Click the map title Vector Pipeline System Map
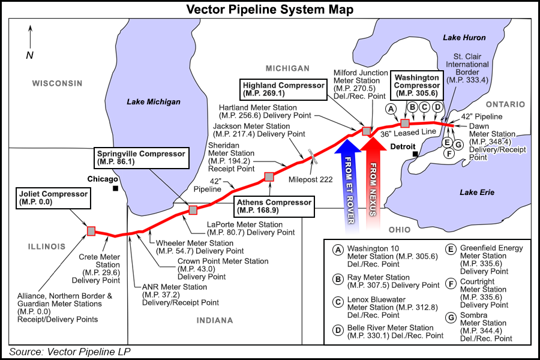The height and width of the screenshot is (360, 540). click(x=269, y=10)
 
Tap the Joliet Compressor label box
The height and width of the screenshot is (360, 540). click(x=53, y=198)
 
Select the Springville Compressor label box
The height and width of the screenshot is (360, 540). click(x=141, y=158)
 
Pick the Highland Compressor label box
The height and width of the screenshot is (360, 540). click(x=283, y=89)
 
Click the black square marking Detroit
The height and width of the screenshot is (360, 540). click(x=415, y=155)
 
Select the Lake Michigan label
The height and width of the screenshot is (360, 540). click(x=154, y=102)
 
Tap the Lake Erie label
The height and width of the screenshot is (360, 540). click(x=476, y=192)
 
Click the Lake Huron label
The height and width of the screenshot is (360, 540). click(x=464, y=38)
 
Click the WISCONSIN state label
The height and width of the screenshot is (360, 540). click(x=57, y=83)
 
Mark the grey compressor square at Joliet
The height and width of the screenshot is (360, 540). click(x=91, y=231)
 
